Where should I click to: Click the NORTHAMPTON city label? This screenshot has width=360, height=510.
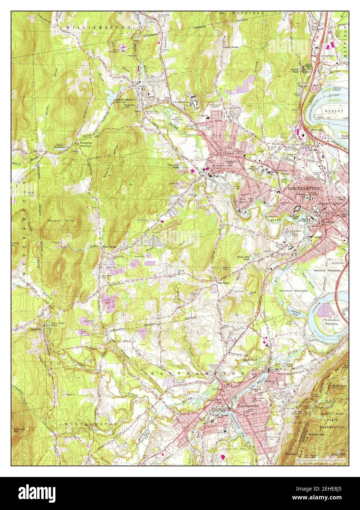point(306,188)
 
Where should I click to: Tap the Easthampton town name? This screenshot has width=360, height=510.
point(248,406)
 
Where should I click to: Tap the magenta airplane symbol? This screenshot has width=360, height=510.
point(124,48)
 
